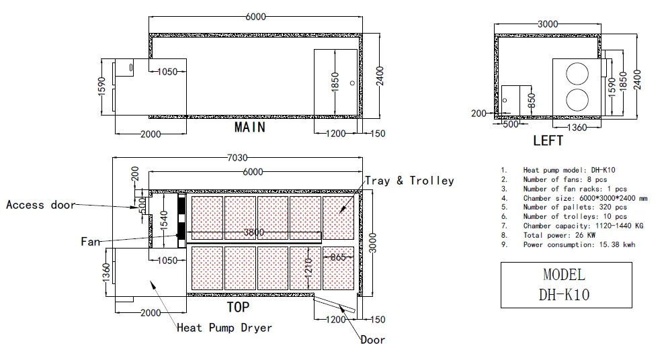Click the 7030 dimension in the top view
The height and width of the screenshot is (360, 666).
pos(237,158)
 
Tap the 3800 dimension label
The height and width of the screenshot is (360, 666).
pos(253,232)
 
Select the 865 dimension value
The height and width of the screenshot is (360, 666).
pos(338,257)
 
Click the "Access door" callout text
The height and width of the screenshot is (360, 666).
pos(41,205)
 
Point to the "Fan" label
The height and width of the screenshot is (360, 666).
pos(91,242)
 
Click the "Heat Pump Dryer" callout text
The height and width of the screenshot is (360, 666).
pos(224,328)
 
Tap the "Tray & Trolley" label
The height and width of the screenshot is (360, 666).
pos(409,181)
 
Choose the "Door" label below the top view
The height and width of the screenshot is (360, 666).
pos(372,340)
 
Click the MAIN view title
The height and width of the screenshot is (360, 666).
pos(250,128)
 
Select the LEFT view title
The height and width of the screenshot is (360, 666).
pos(548,141)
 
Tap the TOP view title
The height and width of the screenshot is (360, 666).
pos(238,307)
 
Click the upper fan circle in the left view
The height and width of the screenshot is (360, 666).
pos(577,74)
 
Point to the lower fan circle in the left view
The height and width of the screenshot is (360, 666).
pos(577,100)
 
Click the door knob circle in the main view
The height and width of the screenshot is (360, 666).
pos(352,83)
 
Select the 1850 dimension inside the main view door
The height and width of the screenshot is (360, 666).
pos(335,81)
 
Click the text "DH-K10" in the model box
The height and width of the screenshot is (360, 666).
pos(564,295)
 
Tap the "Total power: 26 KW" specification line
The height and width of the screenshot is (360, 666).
pos(559,235)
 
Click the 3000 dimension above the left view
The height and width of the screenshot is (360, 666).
pos(548,24)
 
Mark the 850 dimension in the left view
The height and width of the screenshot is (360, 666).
pos(532,101)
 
